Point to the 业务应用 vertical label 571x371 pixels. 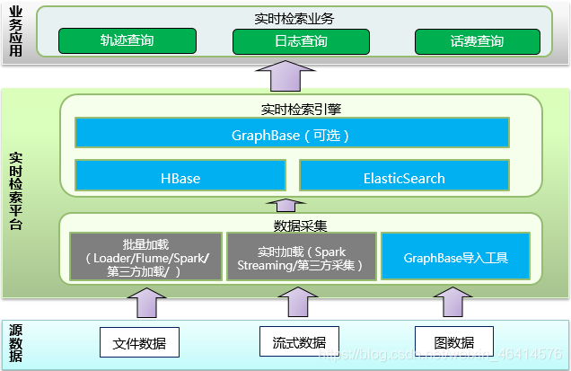coord(15,32)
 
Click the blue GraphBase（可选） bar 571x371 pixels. coord(290,135)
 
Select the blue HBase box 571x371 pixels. coord(180,178)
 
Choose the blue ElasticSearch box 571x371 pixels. coord(404,178)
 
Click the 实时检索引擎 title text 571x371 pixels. coord(287,110)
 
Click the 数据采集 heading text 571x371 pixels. coord(293,225)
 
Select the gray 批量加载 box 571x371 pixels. coord(145,258)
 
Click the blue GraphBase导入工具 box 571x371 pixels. coord(455,258)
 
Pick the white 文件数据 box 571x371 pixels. coord(140,342)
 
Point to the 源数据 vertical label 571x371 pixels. coord(15,342)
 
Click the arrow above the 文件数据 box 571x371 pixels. coord(145,304)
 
